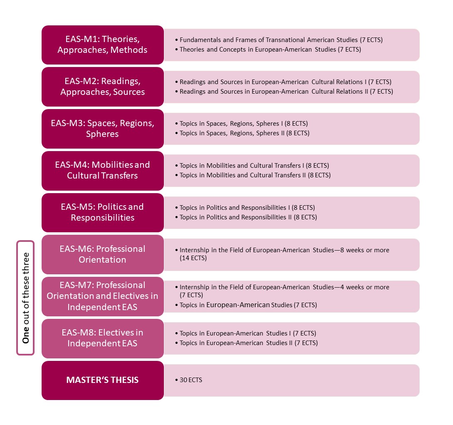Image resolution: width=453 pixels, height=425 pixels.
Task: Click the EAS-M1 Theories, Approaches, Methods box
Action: pos(103,45)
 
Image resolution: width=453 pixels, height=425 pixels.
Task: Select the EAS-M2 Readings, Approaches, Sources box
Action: pos(103,87)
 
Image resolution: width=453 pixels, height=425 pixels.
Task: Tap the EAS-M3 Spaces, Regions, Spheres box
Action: pos(103,129)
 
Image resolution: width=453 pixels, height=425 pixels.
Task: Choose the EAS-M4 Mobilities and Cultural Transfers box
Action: pos(103,171)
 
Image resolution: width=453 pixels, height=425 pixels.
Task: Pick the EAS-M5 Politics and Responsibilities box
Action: pos(103,212)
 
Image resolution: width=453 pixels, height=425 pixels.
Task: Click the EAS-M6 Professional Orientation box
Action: pos(103,254)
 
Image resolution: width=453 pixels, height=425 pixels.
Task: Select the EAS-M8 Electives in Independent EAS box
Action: pos(103,338)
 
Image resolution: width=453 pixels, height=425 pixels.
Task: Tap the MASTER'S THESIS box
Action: pos(103,380)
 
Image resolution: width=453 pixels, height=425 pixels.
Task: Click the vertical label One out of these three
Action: pos(26,298)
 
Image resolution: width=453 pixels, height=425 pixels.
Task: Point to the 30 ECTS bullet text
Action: pos(191,380)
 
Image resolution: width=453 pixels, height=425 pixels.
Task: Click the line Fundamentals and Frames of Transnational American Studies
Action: pos(281,40)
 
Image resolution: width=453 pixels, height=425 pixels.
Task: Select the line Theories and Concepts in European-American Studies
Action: pos(270,50)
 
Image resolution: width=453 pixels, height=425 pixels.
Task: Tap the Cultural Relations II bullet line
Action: pos(286,91)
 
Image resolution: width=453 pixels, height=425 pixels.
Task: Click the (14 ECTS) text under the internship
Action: pos(193,258)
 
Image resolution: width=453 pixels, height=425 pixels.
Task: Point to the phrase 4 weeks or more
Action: pos(364,287)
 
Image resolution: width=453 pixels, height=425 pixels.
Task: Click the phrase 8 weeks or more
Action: pos(364,250)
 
